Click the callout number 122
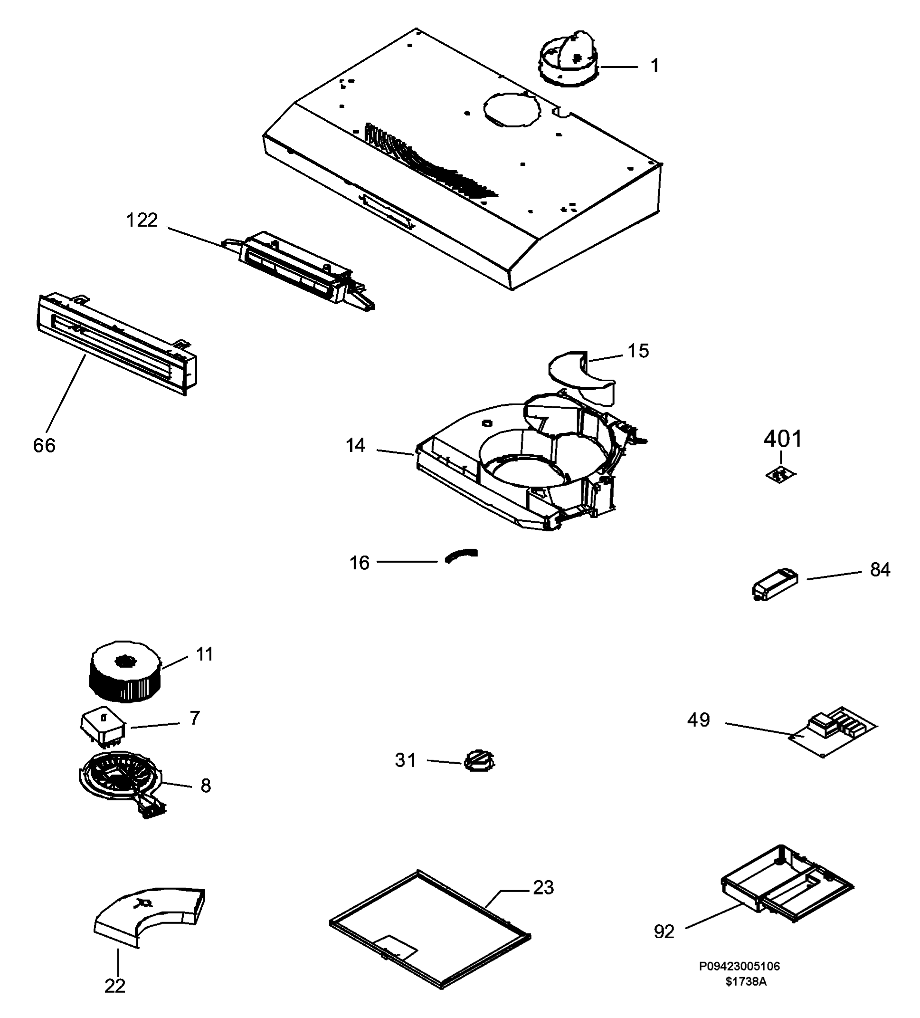point(142,220)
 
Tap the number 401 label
point(782,439)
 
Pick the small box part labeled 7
point(103,728)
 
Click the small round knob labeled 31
point(479,760)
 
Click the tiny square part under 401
point(780,475)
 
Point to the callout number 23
point(543,887)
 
